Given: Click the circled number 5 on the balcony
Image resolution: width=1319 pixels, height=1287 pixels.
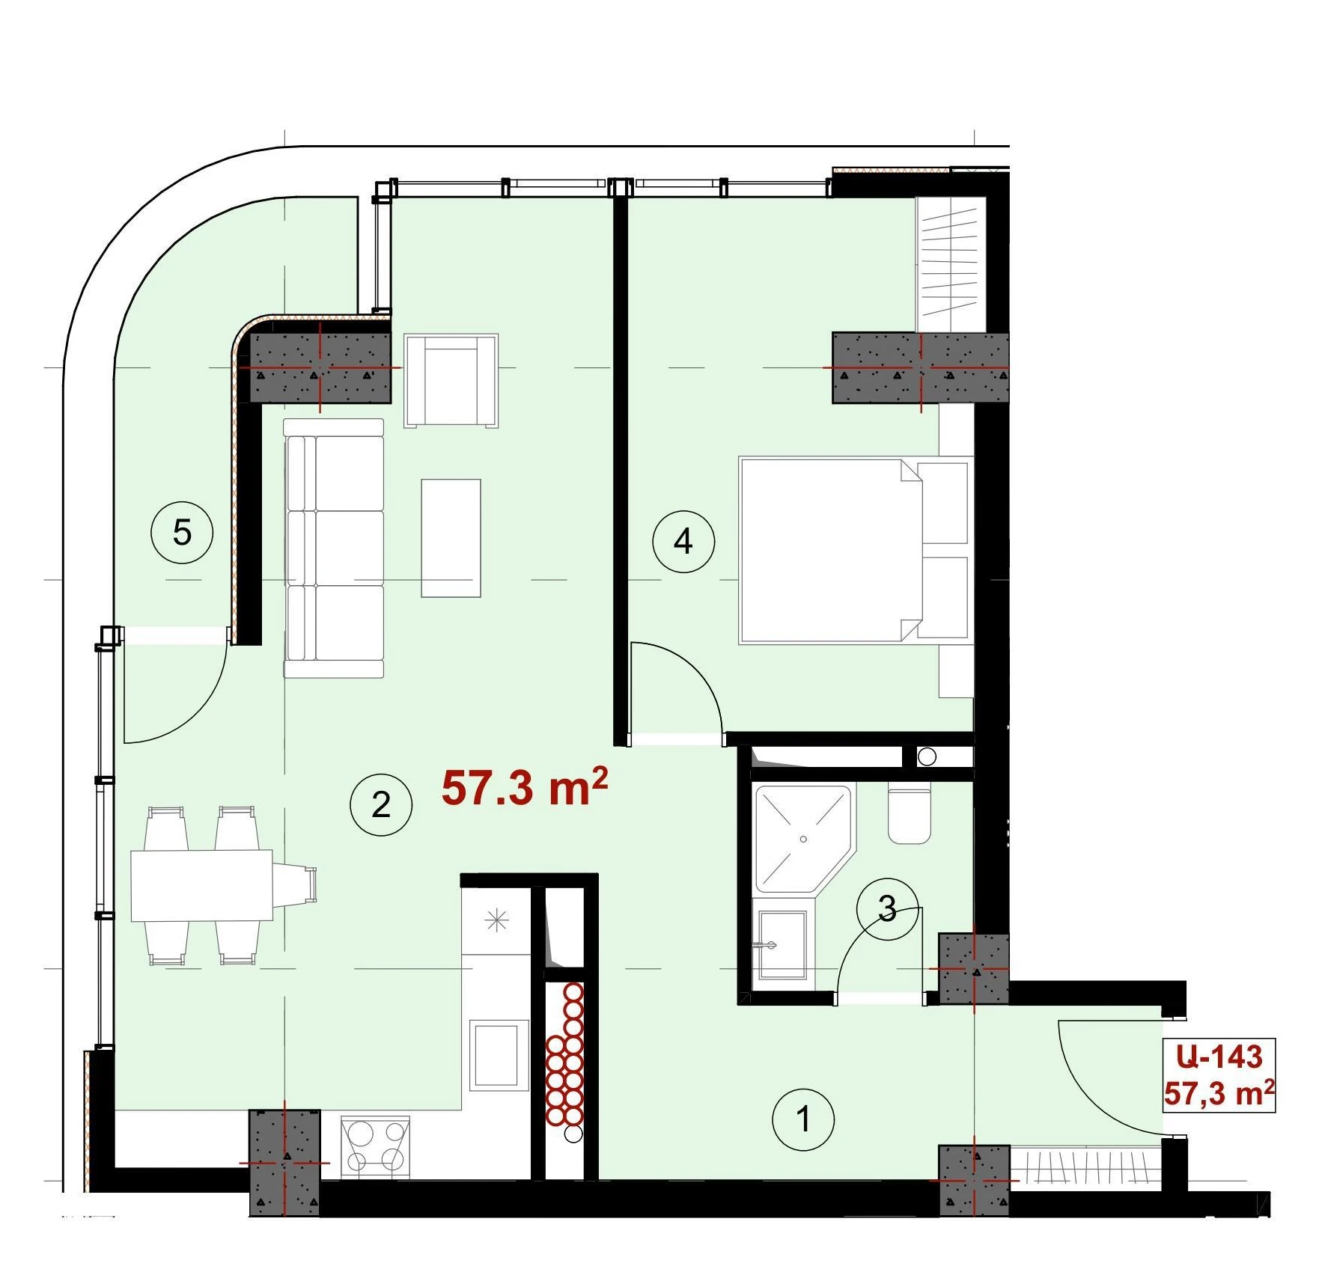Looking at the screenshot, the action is tap(182, 534).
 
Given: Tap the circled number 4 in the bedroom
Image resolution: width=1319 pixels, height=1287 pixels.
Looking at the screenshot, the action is tap(683, 541).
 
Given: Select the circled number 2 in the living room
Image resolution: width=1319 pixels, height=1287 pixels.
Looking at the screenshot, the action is tap(381, 804).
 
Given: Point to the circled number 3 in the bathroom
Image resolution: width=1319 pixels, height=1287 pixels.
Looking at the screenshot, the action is tap(887, 908).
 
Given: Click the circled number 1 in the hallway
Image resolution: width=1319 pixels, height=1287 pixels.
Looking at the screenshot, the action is tap(803, 1120).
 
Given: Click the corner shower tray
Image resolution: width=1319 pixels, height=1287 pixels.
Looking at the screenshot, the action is tap(803, 838).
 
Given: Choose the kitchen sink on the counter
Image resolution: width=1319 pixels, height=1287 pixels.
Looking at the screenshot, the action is tap(495, 1056).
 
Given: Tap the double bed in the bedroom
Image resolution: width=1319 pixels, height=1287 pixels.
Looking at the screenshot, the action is tap(854, 551).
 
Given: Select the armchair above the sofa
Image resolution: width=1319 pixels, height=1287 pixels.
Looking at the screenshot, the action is tap(451, 380).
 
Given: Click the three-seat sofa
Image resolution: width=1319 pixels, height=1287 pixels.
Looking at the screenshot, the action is tap(334, 548).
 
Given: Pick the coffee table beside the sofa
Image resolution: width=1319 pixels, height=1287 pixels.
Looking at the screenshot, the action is tap(451, 538).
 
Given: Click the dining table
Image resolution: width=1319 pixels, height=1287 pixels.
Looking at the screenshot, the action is tap(202, 885).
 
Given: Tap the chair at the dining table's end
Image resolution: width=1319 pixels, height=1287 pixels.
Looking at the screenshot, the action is tap(295, 885).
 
